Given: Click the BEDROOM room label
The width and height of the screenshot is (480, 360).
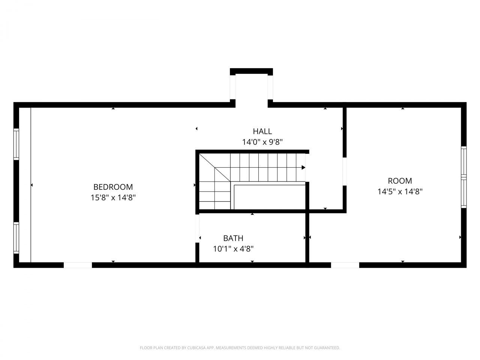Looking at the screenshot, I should click(x=113, y=187).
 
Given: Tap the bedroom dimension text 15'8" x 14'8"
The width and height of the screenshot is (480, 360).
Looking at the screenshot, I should click(x=113, y=197).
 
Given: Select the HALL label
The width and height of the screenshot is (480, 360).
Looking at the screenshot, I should click(x=262, y=131).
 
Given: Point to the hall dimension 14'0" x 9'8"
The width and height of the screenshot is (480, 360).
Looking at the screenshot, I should click(x=262, y=142).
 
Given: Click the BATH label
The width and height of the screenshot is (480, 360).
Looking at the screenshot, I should click(x=233, y=238).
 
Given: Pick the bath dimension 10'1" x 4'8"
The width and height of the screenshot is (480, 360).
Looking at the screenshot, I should click(x=233, y=248).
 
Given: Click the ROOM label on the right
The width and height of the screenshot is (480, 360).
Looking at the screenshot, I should click(x=400, y=181).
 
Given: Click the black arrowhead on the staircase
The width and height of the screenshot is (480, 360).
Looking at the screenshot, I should click(x=303, y=168).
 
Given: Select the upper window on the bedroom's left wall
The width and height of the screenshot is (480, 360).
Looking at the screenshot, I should click(x=16, y=144).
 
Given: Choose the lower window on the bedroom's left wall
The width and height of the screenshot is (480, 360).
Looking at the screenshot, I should click(x=16, y=238).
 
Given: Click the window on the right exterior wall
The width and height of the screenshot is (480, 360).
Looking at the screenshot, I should click(x=464, y=177).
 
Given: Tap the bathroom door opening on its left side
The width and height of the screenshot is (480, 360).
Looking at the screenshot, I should click(x=197, y=228).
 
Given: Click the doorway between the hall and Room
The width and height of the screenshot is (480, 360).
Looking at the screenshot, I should click(x=344, y=171).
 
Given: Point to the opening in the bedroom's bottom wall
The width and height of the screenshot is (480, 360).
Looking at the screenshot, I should click(x=78, y=265).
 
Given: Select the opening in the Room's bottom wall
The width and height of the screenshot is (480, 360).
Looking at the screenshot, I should click(x=345, y=265).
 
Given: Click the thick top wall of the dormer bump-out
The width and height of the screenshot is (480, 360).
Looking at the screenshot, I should click(x=251, y=71).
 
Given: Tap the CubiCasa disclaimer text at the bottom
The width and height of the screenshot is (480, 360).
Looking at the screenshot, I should click(x=240, y=348).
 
